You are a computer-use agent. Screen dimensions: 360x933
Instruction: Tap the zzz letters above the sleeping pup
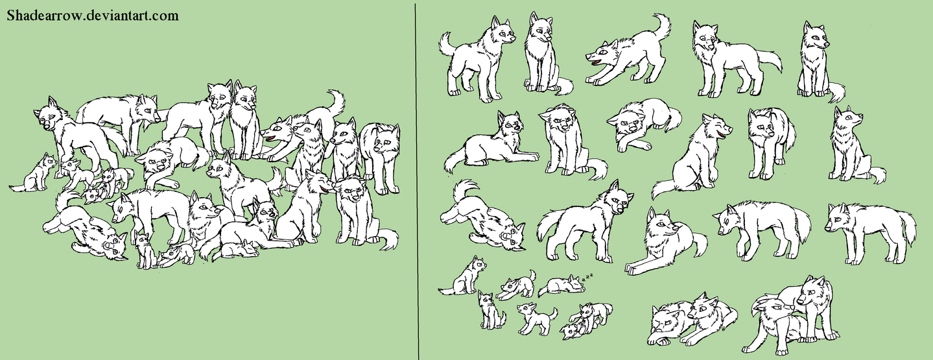point(589,277)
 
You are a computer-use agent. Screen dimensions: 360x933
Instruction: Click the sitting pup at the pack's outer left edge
point(36,174)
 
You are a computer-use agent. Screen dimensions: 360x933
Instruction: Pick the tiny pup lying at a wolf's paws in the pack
point(243,247)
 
